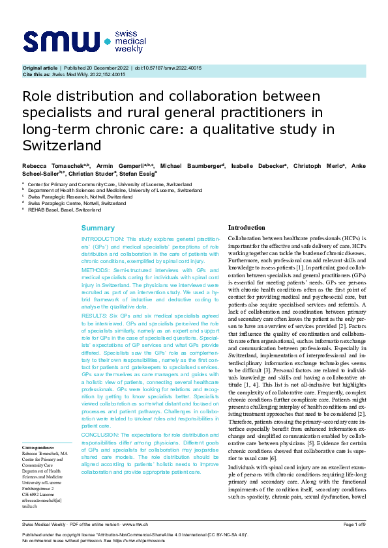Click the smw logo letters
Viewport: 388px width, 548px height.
tap(62, 40)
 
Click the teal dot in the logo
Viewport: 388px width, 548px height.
tap(108, 41)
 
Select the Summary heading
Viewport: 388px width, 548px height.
tap(98, 228)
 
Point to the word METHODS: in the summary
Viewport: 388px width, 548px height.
tap(97, 269)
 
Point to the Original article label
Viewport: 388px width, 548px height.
tap(40, 68)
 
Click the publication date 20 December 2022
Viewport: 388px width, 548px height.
tap(107, 68)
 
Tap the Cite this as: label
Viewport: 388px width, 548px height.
tap(37, 75)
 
